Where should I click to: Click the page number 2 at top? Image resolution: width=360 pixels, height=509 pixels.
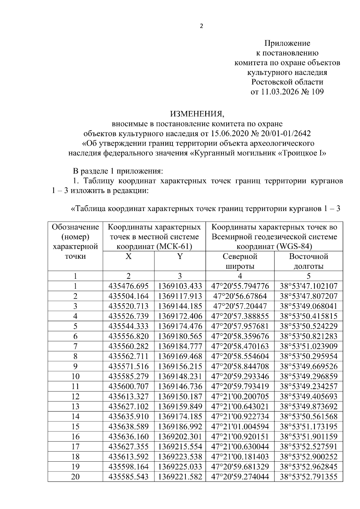tap(201, 26)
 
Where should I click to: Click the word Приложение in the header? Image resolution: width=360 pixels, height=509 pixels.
tap(287, 43)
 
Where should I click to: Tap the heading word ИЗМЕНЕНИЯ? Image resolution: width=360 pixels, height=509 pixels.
tap(197, 114)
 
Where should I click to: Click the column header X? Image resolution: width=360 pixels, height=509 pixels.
tap(128, 257)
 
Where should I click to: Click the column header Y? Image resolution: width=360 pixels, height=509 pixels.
tap(180, 257)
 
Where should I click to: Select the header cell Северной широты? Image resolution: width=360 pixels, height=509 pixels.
tap(240, 261)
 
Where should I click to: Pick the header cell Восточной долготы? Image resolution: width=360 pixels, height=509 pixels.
tap(308, 261)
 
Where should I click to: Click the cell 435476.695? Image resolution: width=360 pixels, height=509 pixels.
tap(128, 286)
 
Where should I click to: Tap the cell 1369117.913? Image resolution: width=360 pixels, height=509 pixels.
tap(180, 296)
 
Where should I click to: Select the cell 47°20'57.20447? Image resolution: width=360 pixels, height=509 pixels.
tap(240, 306)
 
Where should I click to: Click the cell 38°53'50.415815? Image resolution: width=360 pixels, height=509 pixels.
tap(308, 316)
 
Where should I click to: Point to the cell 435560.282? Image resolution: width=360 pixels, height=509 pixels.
tap(128, 347)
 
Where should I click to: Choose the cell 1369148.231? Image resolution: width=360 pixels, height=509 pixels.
tap(180, 377)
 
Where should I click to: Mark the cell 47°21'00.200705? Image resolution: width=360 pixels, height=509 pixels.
tap(240, 397)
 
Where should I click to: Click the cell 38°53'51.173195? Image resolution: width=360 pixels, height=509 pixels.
tap(308, 427)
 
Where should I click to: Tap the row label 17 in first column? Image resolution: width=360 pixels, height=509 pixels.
tap(75, 447)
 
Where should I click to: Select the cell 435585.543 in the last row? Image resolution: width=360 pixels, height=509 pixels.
tap(128, 477)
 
